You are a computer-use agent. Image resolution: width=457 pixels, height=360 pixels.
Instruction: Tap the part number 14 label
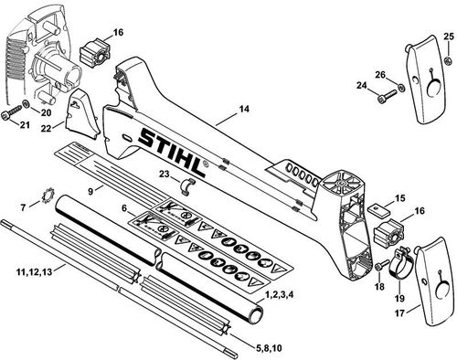click(243, 111)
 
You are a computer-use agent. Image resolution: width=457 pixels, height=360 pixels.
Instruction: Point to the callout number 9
click(90, 189)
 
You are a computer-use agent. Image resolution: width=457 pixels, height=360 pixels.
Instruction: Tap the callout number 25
click(448, 37)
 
